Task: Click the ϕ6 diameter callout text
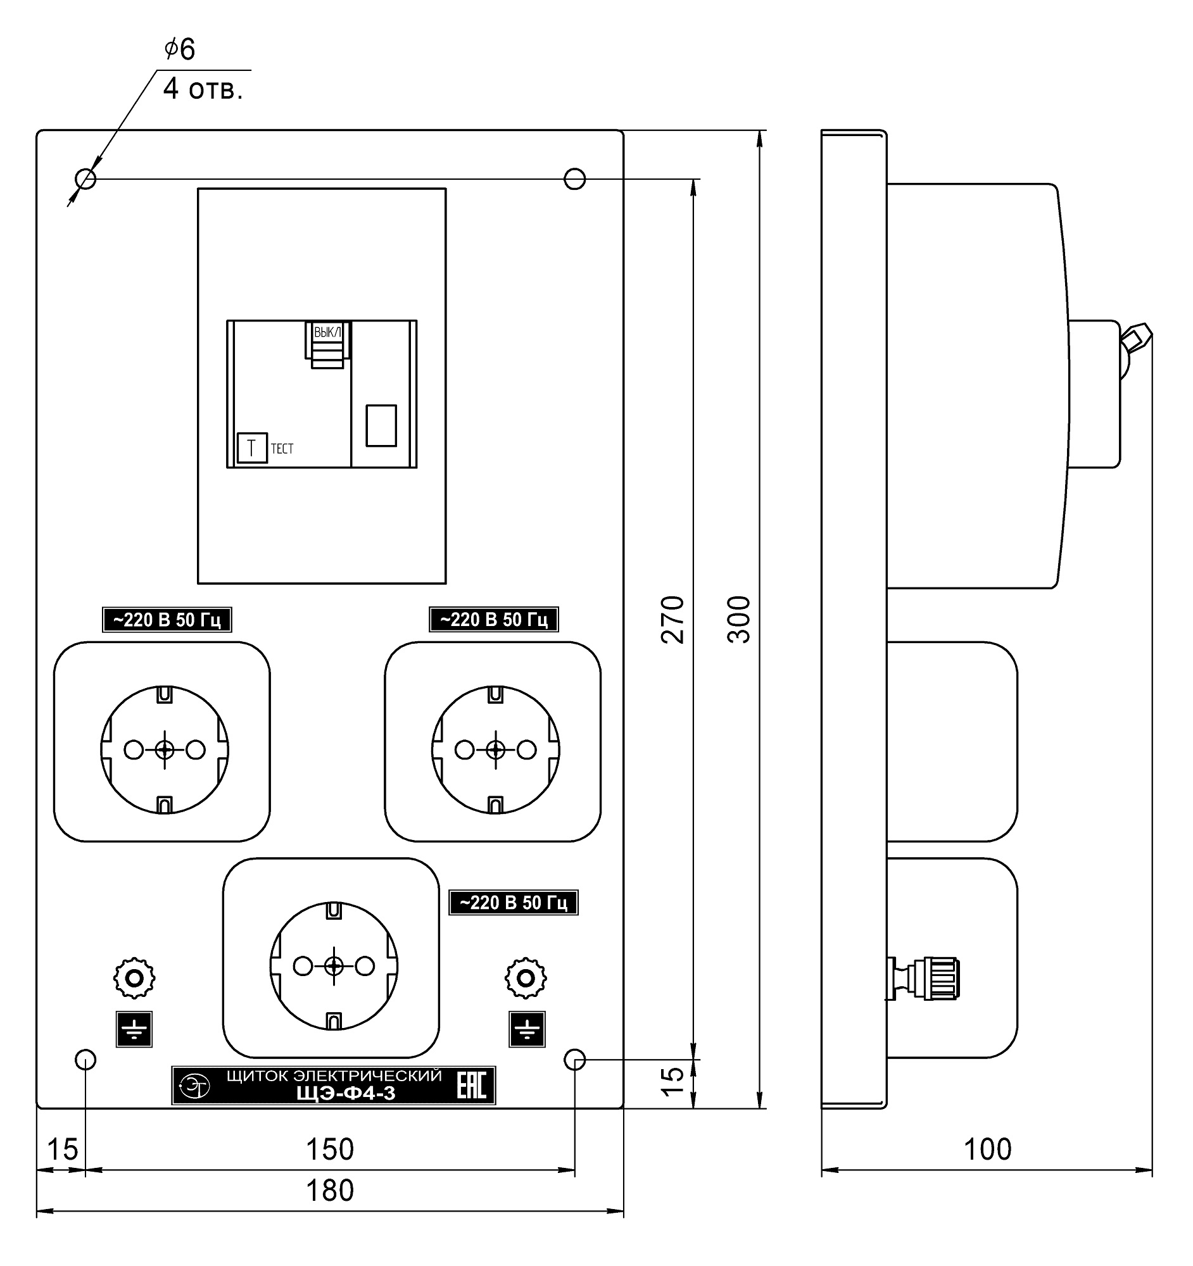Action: pyautogui.click(x=180, y=49)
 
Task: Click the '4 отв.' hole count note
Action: pyautogui.click(x=203, y=89)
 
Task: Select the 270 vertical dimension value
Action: pyautogui.click(x=672, y=620)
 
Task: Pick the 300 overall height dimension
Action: pyautogui.click(x=739, y=620)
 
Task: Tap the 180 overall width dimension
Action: pyautogui.click(x=330, y=1190)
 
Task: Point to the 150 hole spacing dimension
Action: pyautogui.click(x=330, y=1150)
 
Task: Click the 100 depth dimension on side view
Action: pyautogui.click(x=987, y=1150)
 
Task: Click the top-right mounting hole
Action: pyautogui.click(x=574, y=179)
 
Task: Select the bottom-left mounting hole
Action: pyautogui.click(x=85, y=1060)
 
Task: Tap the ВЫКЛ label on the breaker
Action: pyautogui.click(x=327, y=332)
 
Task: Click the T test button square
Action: pyautogui.click(x=252, y=448)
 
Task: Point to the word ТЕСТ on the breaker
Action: pyautogui.click(x=282, y=449)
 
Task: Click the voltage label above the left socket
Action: pyautogui.click(x=167, y=620)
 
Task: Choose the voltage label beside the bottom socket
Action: pyautogui.click(x=514, y=903)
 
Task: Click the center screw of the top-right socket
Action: pyautogui.click(x=496, y=750)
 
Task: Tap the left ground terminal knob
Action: pyautogui.click(x=134, y=977)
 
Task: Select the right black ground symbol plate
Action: pyautogui.click(x=527, y=1029)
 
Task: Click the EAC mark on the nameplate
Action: pyautogui.click(x=471, y=1085)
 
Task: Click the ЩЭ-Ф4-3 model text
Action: pyautogui.click(x=346, y=1093)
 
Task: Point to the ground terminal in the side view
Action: pyautogui.click(x=924, y=977)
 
